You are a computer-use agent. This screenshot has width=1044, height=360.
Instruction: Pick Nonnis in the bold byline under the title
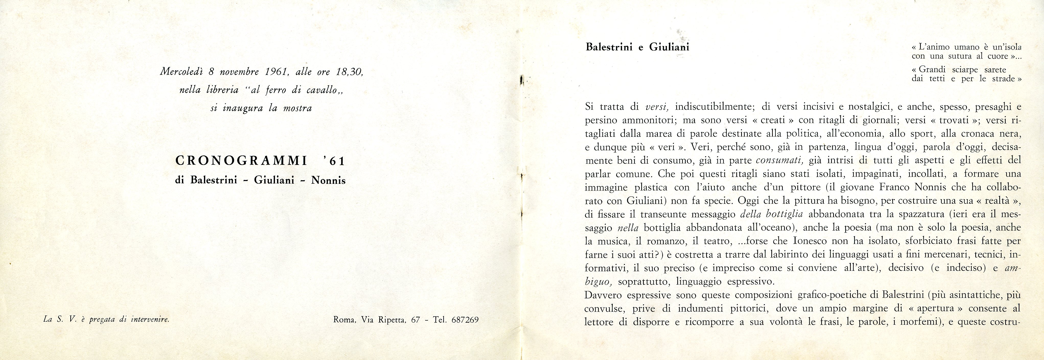pyautogui.click(x=328, y=181)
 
